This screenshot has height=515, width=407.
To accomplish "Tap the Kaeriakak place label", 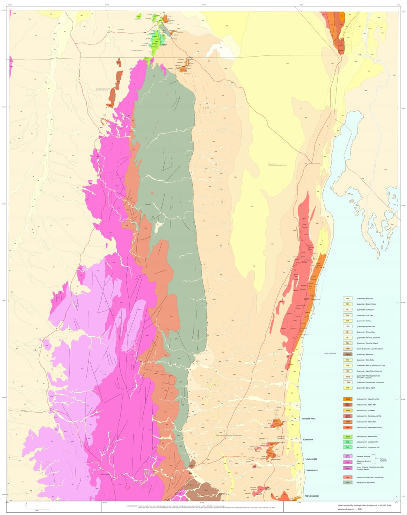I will (x=308, y=439).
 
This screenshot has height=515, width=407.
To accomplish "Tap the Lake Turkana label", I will (x=330, y=354).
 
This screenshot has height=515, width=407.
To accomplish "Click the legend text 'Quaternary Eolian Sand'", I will (x=366, y=326).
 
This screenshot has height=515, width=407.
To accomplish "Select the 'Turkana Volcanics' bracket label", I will (x=386, y=459).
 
